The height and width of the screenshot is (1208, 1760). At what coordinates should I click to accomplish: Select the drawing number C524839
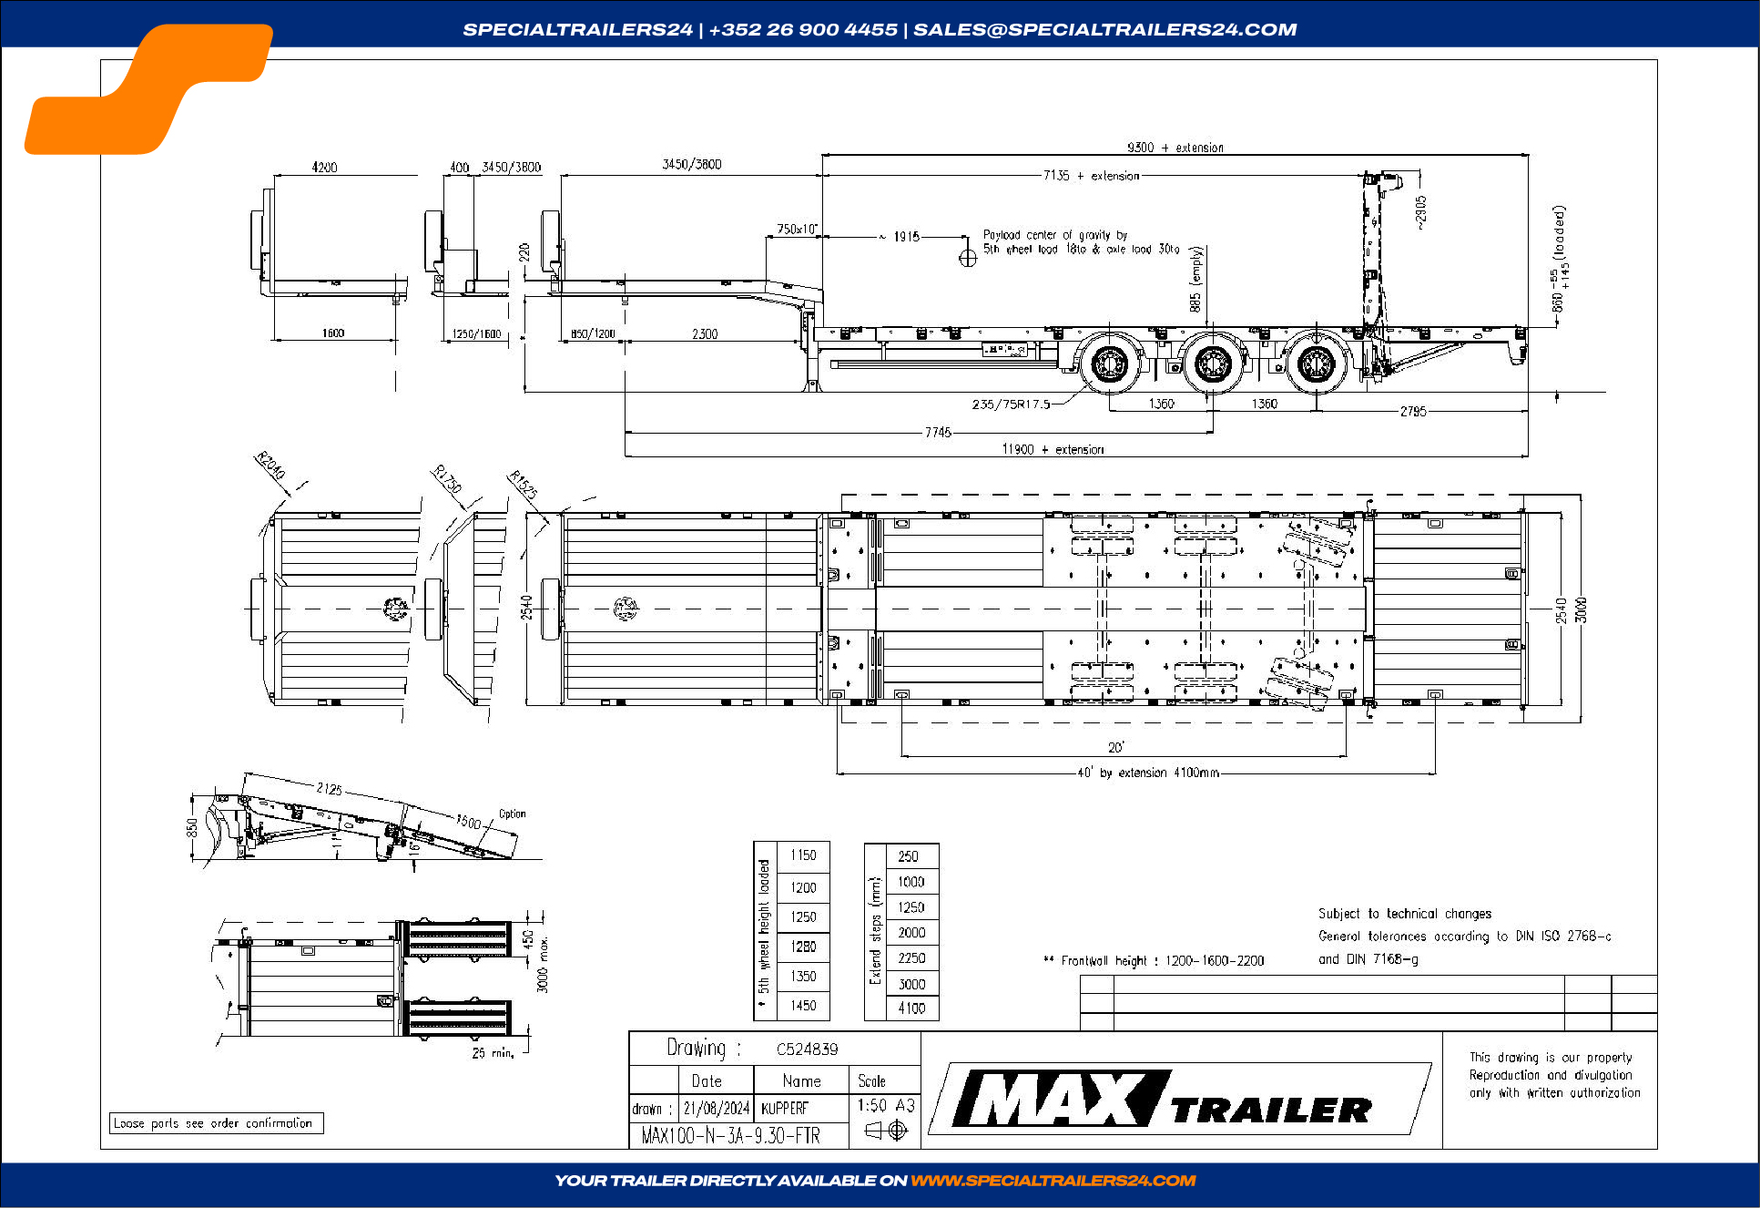click(807, 1049)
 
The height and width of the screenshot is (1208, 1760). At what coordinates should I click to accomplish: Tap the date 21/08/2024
click(716, 1108)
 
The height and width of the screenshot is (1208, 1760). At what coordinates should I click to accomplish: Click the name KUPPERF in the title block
click(784, 1108)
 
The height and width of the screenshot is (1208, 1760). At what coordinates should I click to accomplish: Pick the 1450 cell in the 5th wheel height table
click(803, 1005)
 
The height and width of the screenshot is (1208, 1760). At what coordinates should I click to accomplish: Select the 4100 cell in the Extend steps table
click(911, 1008)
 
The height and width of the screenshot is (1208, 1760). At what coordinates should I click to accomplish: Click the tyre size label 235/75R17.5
click(1011, 404)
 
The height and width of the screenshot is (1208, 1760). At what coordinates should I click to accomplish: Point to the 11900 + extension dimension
click(1053, 449)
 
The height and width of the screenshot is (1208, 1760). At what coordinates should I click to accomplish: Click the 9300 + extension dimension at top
click(1175, 148)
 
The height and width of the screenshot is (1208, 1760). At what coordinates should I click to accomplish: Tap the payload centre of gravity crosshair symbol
click(967, 258)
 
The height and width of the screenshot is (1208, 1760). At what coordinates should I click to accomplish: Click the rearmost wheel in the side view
click(1315, 364)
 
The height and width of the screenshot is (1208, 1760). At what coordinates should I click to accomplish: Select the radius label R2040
click(270, 465)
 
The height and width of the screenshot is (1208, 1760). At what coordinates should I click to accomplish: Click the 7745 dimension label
click(938, 432)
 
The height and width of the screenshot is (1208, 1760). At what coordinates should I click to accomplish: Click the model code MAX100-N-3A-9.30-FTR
click(730, 1135)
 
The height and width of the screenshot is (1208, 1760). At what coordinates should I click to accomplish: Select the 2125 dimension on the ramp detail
click(329, 788)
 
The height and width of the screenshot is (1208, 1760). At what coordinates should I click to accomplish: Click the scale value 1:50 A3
click(885, 1105)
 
